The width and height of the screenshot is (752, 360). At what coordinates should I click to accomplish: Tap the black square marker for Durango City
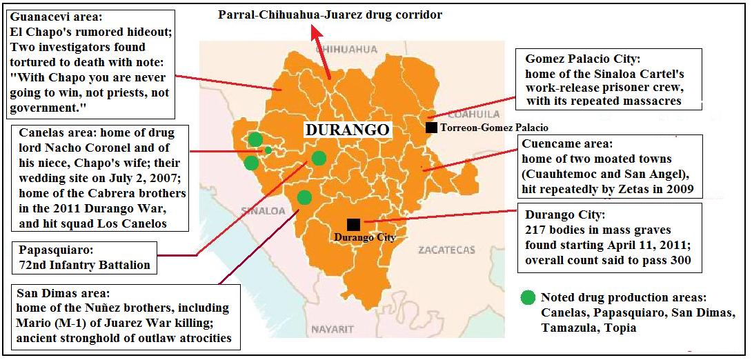tap(353, 224)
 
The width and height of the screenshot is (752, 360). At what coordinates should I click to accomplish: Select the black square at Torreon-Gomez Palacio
tap(431, 127)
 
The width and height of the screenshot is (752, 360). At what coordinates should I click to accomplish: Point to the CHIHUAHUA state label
tap(350, 49)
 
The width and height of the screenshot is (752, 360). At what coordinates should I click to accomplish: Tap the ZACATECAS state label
tap(447, 250)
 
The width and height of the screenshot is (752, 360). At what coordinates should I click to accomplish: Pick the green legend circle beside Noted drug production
tap(528, 298)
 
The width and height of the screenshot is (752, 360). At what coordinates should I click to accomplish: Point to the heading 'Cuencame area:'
tap(567, 145)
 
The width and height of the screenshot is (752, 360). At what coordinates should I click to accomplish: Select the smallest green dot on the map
tap(268, 150)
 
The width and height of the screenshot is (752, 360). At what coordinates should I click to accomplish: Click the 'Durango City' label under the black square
tap(365, 238)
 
